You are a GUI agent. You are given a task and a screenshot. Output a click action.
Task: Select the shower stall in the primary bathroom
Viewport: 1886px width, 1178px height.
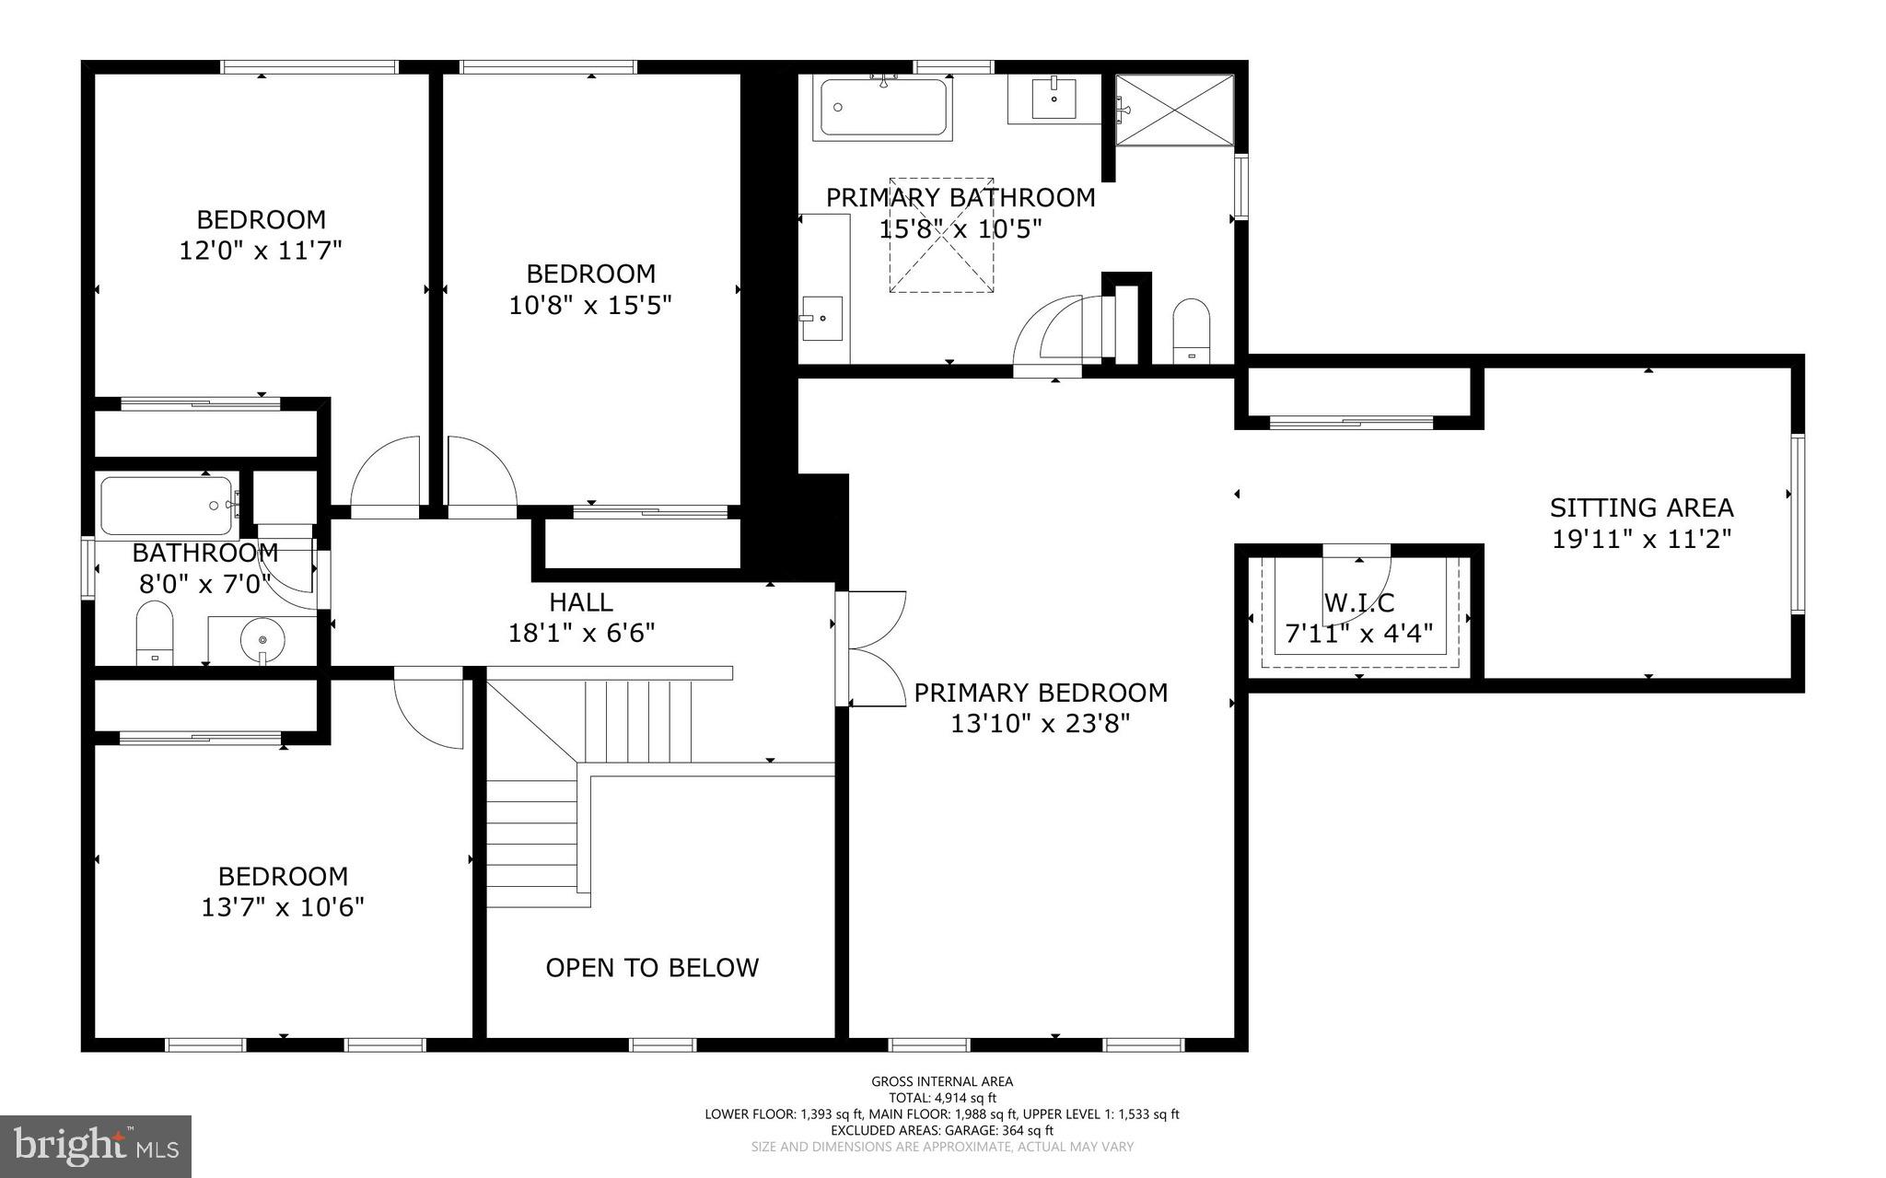(1174, 111)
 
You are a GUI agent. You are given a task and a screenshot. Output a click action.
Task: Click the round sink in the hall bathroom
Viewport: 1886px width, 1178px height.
(263, 638)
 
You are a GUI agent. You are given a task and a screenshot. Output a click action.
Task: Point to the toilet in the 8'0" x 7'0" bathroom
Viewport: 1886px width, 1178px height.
(155, 632)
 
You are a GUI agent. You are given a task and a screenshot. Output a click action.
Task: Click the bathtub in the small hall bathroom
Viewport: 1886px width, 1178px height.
(167, 505)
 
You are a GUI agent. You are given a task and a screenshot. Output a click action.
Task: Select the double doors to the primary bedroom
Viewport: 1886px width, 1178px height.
(875, 648)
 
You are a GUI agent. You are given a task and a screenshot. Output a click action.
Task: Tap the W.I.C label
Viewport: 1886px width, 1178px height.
(1359, 603)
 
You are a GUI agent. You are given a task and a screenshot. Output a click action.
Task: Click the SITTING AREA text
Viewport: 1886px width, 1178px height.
(1641, 507)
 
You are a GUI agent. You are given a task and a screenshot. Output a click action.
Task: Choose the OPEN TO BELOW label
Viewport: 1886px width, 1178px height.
(652, 967)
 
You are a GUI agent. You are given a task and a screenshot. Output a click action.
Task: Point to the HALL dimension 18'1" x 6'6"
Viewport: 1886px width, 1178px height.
(581, 633)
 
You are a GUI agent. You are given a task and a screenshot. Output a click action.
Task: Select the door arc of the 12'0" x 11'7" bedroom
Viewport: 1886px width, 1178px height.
(385, 472)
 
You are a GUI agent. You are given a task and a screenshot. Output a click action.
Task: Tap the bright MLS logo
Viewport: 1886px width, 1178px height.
(96, 1146)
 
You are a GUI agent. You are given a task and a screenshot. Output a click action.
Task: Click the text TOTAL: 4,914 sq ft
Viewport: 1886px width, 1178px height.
(942, 1097)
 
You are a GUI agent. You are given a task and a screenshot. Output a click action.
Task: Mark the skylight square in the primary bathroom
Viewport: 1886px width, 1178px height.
(941, 236)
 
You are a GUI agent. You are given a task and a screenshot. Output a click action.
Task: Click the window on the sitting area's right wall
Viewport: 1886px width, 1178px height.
(1797, 523)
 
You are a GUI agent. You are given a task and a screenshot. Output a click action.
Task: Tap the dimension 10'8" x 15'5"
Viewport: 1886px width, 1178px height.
(590, 305)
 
